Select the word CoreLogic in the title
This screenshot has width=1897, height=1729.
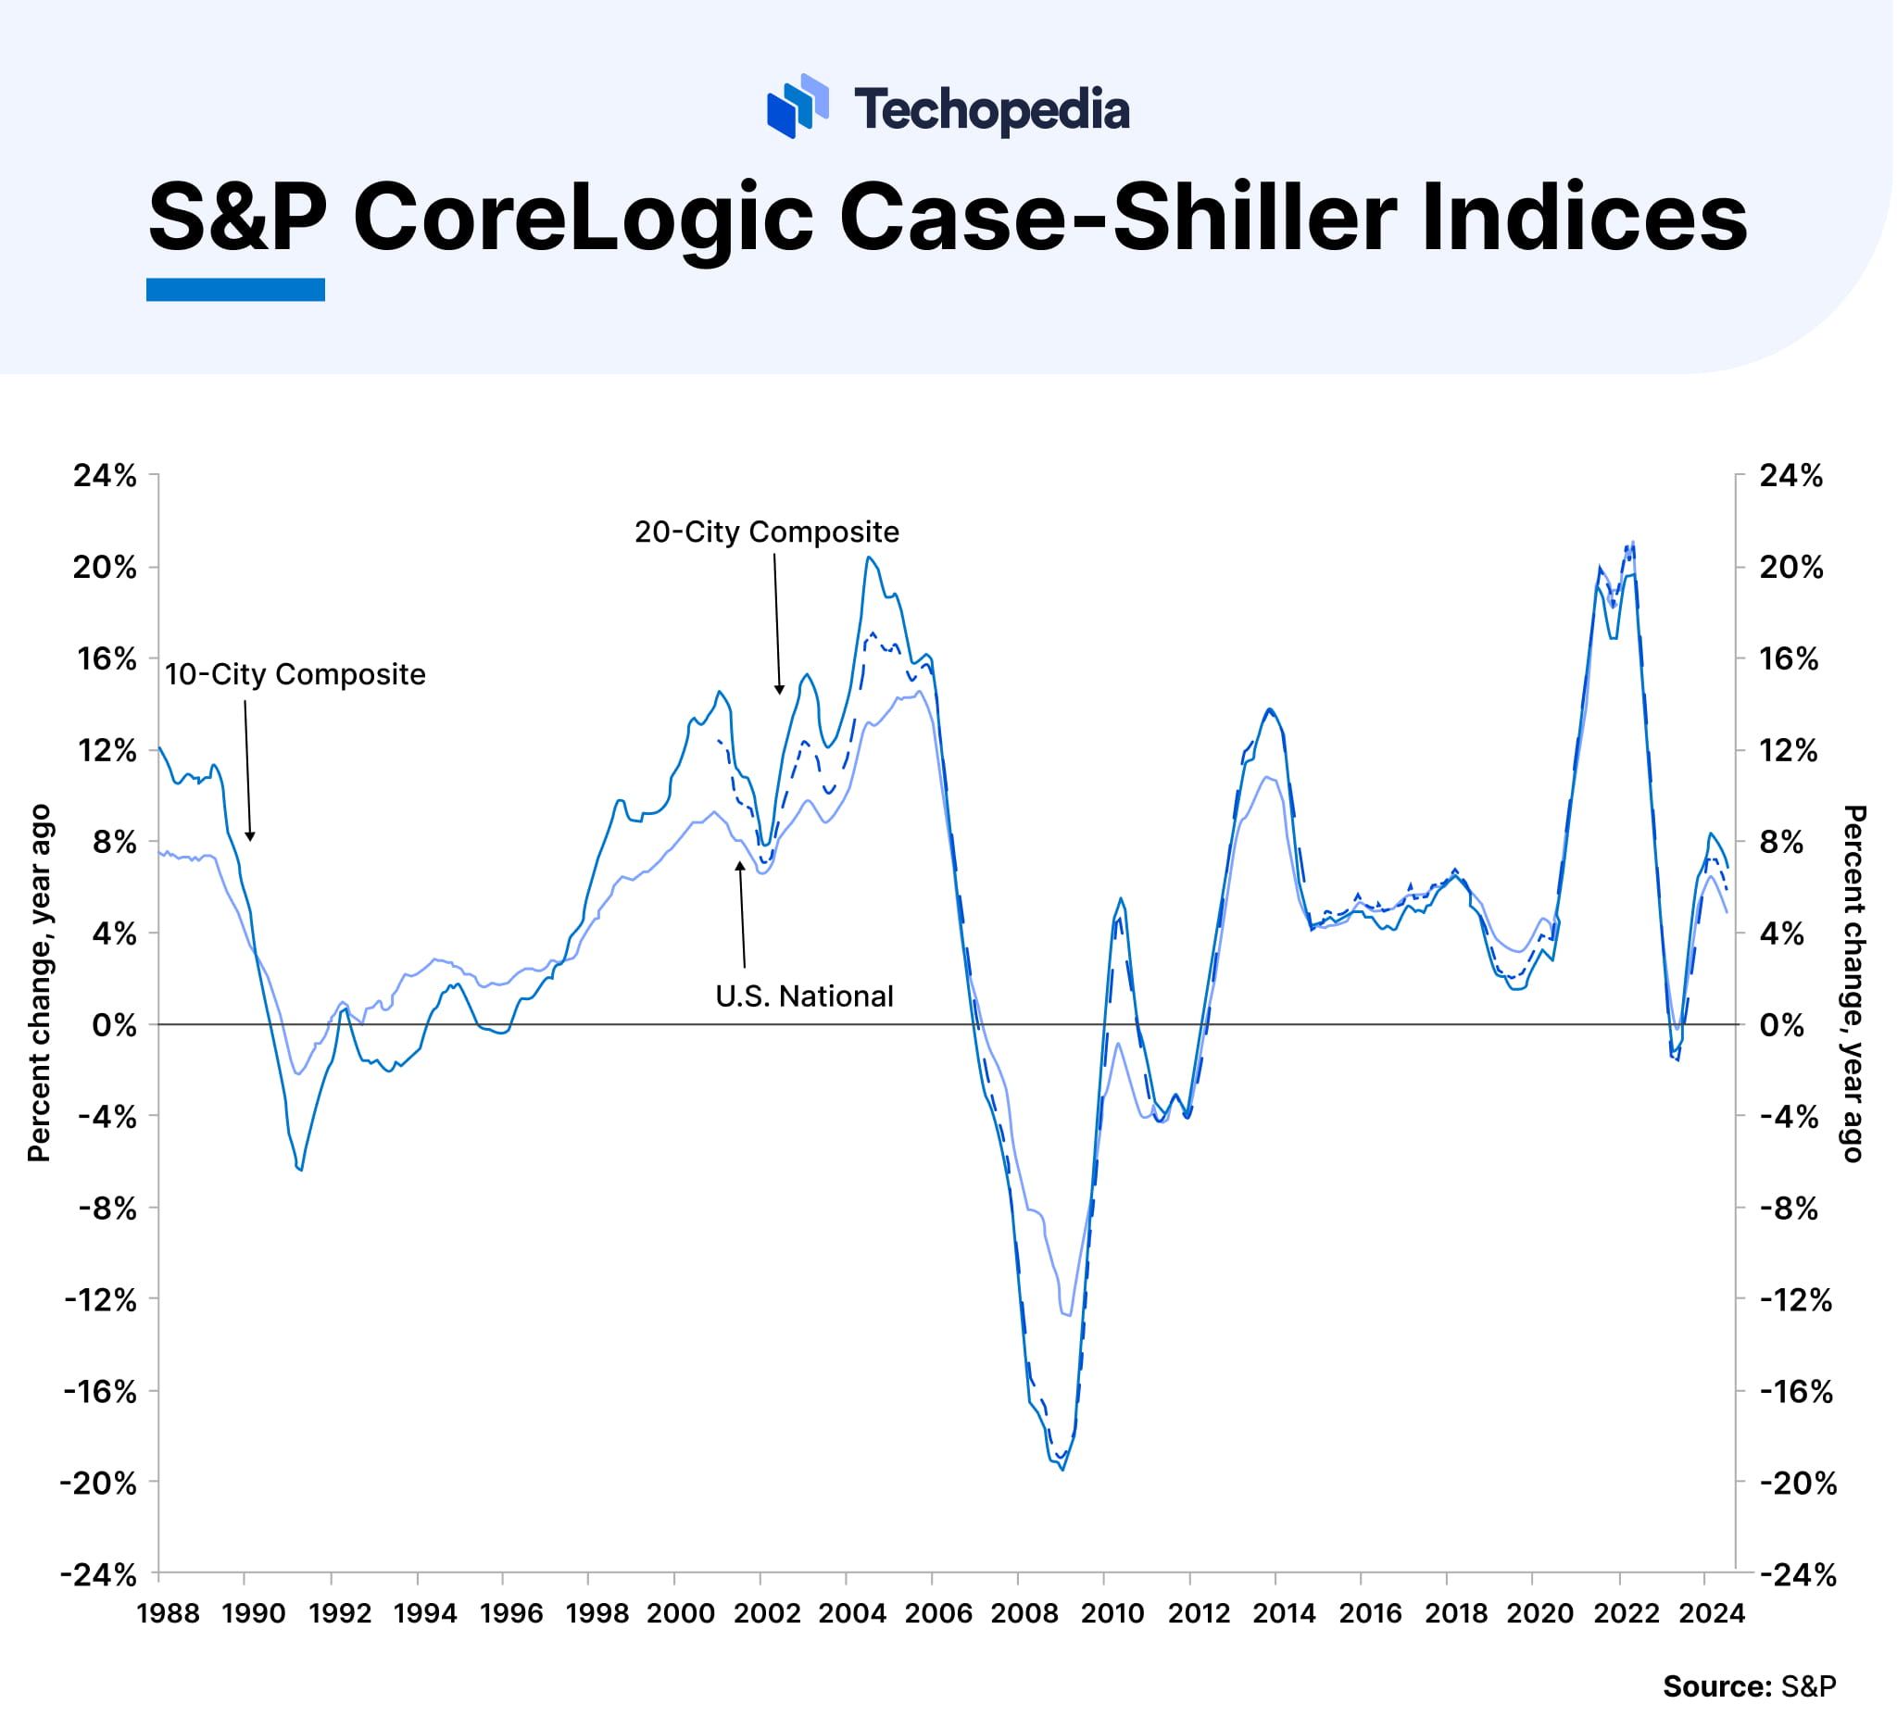point(583,219)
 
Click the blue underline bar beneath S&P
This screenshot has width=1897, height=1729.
point(235,290)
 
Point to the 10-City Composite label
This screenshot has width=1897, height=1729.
point(295,675)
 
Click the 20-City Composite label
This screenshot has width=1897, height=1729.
point(768,532)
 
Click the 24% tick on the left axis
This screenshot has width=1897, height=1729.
point(106,477)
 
